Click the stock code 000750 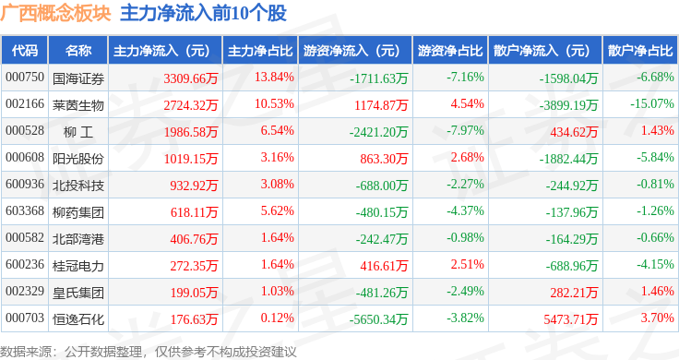[x=25, y=78]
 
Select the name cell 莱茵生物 [x=77, y=105]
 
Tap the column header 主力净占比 [x=260, y=51]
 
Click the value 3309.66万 [x=191, y=78]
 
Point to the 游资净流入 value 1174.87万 [x=381, y=105]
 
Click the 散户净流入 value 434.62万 [x=574, y=132]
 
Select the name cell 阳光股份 [x=77, y=159]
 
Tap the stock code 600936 [x=25, y=184]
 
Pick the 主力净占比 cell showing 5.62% [x=277, y=211]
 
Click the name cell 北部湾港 [x=77, y=239]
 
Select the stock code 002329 [x=25, y=291]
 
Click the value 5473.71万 [x=571, y=319]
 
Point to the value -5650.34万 [x=378, y=319]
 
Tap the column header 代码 [x=25, y=51]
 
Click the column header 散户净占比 [x=640, y=51]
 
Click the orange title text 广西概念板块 [x=56, y=13]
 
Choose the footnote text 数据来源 [x=26, y=352]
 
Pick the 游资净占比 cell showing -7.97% [x=465, y=131]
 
